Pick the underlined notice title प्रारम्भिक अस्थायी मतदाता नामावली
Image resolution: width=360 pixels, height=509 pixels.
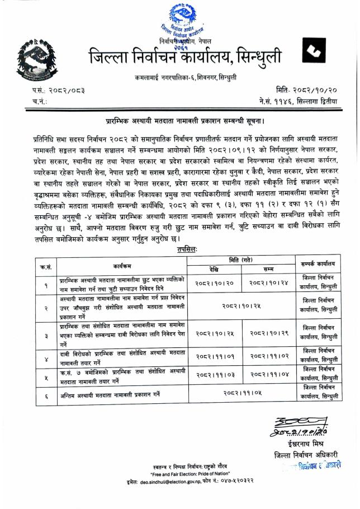click(185, 120)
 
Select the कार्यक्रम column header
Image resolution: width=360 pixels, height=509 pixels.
click(122, 265)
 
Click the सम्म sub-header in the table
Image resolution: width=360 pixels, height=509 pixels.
click(268, 270)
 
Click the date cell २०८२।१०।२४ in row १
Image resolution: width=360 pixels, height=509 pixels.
click(268, 284)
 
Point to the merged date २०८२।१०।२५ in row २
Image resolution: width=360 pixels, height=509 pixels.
click(241, 307)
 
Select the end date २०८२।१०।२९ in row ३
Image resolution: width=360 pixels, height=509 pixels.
click(268, 333)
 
